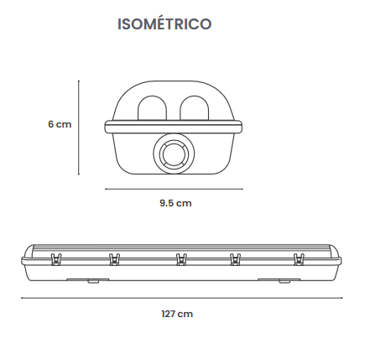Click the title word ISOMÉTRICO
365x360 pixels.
pos(164,23)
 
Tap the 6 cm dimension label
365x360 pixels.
pos(60,124)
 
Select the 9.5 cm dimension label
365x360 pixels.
pos(175,203)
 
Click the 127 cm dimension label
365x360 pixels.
pos(177,314)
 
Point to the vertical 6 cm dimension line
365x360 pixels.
pos(79,128)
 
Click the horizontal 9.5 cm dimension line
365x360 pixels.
pos(174,189)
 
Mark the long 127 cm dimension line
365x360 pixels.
pos(182,298)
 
